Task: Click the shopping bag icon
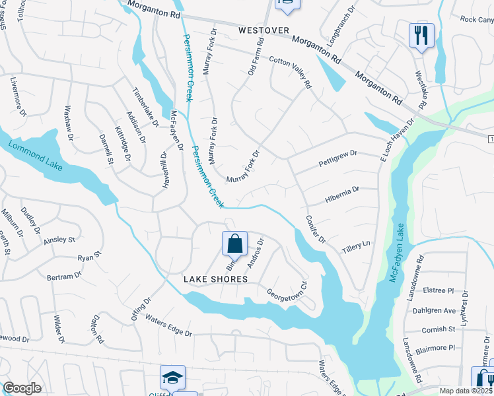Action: pyautogui.click(x=235, y=244)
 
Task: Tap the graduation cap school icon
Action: pyautogui.click(x=172, y=378)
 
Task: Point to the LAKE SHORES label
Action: pyautogui.click(x=216, y=279)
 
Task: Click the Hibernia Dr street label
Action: pyautogui.click(x=342, y=191)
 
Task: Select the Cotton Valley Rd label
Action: pyautogui.click(x=290, y=72)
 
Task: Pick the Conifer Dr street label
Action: pyautogui.click(x=316, y=229)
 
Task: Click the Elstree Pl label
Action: pyautogui.click(x=440, y=290)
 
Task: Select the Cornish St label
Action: pyautogui.click(x=439, y=329)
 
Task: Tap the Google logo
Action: pyautogui.click(x=22, y=388)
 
